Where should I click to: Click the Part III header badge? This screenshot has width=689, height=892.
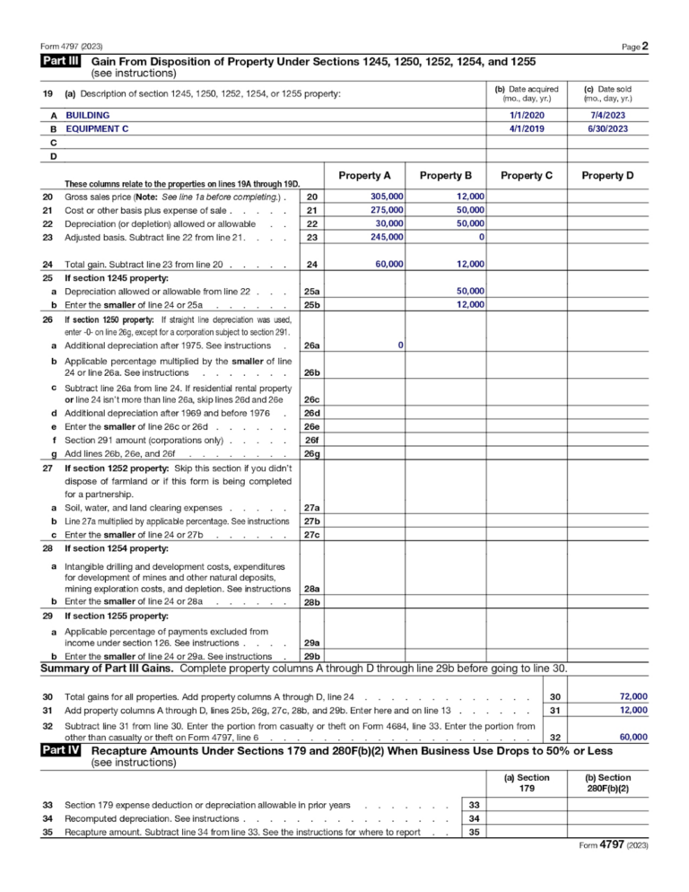click(61, 62)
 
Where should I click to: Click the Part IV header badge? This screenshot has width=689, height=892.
click(61, 750)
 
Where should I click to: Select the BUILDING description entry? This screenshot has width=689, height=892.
click(88, 116)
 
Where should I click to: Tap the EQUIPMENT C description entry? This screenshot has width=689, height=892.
click(97, 129)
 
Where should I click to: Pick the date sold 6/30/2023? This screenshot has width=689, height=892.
click(608, 129)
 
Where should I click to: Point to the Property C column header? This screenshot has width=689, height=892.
click(527, 175)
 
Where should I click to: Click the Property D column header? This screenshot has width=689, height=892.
click(607, 175)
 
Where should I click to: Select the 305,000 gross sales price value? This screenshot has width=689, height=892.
click(387, 197)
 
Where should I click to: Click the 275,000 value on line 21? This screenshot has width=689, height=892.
click(387, 210)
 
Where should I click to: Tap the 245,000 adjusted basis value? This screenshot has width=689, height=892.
click(387, 237)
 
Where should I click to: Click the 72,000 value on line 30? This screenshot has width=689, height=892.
click(633, 696)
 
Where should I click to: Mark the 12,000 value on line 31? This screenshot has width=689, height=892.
click(633, 710)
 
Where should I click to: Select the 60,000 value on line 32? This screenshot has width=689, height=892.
click(633, 737)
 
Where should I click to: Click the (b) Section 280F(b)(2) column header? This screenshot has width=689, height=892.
click(607, 783)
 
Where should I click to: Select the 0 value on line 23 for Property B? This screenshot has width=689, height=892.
click(482, 237)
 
